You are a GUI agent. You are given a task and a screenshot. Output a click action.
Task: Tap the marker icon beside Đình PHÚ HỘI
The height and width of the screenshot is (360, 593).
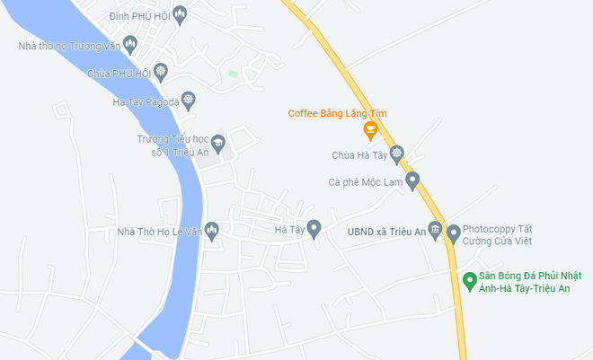[x=180, y=13]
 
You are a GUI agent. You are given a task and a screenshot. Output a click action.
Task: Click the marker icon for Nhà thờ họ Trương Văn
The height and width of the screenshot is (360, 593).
[x=130, y=42]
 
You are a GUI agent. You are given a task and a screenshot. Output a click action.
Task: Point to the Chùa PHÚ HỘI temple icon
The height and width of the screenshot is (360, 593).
[x=161, y=71]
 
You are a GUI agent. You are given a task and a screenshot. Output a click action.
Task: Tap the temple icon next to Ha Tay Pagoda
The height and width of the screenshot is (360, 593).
[x=188, y=99]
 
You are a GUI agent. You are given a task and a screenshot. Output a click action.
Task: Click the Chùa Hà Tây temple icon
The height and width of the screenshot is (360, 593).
[x=397, y=154]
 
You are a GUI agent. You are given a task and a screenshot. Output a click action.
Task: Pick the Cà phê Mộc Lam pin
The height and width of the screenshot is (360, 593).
[x=412, y=180]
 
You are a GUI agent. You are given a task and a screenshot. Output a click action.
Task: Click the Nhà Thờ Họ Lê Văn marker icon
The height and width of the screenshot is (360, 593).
[x=212, y=231]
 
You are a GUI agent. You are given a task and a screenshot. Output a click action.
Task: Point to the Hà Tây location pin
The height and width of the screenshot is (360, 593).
[x=314, y=228]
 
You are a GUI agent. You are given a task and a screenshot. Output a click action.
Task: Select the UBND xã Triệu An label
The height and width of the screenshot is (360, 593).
[x=386, y=233]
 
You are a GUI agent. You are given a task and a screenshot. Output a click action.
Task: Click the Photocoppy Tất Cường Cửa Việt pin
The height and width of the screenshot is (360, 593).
[x=454, y=233]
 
